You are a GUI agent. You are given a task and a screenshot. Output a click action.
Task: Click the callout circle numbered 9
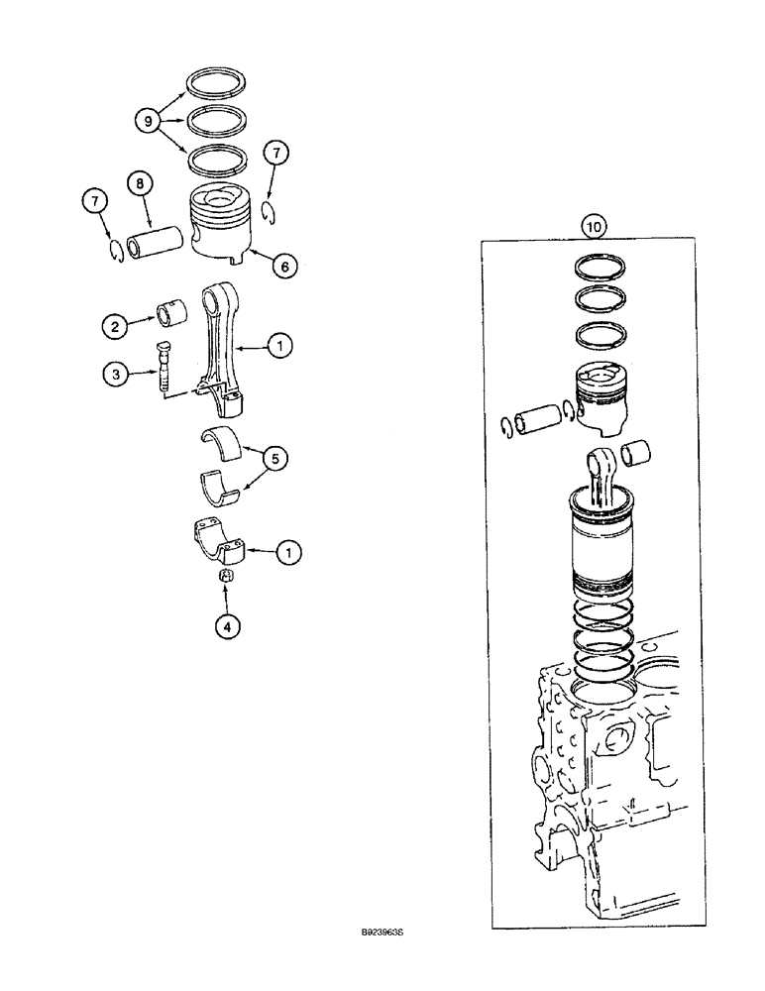pyautogui.click(x=148, y=121)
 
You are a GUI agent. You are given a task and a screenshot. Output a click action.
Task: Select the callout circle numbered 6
pyautogui.click(x=283, y=266)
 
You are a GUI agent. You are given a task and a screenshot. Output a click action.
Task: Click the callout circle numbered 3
pyautogui.click(x=114, y=374)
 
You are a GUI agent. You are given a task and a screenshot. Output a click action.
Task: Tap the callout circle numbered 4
pyautogui.click(x=227, y=625)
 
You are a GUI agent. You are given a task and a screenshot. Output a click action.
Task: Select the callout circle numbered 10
pyautogui.click(x=593, y=227)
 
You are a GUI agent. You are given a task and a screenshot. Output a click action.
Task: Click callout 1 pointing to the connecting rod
pyautogui.click(x=283, y=346)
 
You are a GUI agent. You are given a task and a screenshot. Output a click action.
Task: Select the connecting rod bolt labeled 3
pyautogui.click(x=163, y=364)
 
